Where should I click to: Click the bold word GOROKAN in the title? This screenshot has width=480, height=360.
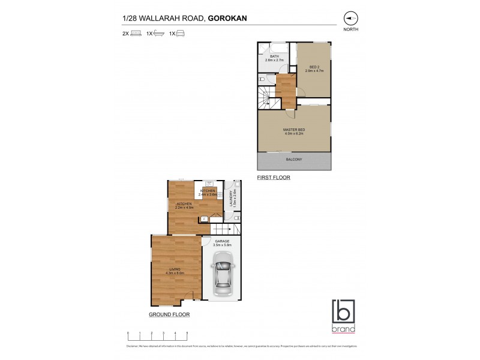(228, 18)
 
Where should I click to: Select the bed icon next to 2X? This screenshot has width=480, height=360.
(136, 34)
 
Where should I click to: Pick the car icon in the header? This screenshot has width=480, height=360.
(181, 34)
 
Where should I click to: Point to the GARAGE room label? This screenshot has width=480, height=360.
(222, 241)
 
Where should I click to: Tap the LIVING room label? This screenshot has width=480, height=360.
(175, 269)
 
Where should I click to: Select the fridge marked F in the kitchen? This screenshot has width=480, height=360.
(204, 219)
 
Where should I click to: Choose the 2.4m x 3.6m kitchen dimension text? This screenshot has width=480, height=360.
(208, 194)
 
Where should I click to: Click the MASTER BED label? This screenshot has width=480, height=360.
(293, 130)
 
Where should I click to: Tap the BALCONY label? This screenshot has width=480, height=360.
(293, 160)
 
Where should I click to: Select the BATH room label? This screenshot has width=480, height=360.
(274, 56)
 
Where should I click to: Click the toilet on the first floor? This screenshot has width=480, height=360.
(262, 79)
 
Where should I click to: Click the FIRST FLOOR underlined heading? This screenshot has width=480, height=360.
(273, 178)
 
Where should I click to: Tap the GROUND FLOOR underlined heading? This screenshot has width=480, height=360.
(169, 314)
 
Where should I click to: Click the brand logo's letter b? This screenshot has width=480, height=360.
(343, 313)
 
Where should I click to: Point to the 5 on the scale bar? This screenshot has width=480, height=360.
(187, 332)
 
